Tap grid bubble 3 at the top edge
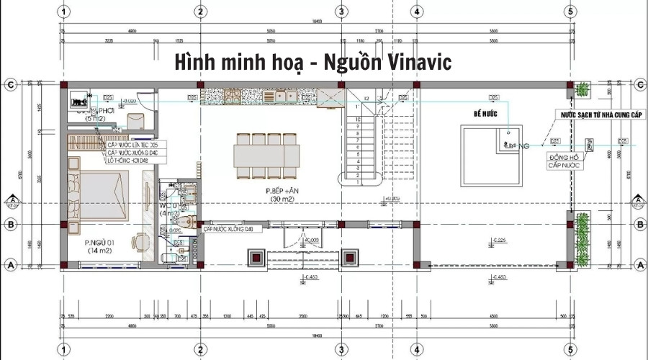341,12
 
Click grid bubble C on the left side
11,85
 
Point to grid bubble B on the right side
638,225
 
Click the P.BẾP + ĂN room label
276,190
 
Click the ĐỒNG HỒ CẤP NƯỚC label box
563,161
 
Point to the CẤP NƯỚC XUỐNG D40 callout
230,229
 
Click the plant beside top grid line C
582,89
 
